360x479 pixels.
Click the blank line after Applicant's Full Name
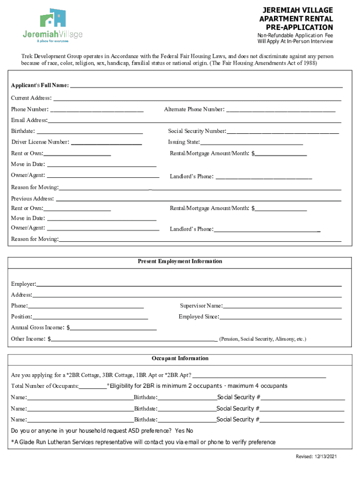(x=206, y=85)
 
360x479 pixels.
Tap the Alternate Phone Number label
(x=194, y=109)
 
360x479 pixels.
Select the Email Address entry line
(x=194, y=120)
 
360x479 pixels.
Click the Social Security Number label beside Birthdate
(x=197, y=131)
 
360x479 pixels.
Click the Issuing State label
(x=184, y=142)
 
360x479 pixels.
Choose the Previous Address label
(x=32, y=198)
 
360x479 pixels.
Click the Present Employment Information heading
(x=180, y=261)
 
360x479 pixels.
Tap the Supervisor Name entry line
(x=282, y=306)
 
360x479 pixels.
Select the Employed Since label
(x=199, y=317)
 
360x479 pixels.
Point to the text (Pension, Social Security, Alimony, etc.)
(x=263, y=339)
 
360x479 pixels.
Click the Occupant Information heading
(x=180, y=358)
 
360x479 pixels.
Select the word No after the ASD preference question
(x=189, y=431)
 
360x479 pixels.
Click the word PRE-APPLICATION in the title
(x=296, y=27)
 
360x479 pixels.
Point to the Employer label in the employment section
(x=23, y=284)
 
